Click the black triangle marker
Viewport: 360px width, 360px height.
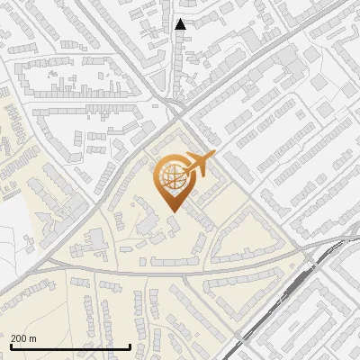coord(181,24)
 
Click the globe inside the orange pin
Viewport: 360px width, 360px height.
coord(171,176)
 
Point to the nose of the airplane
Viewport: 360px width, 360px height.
coord(213,156)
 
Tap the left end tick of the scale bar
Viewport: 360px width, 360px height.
coord(10,344)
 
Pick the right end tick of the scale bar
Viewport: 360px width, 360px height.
coord(130,344)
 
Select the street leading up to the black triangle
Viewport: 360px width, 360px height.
coord(181,63)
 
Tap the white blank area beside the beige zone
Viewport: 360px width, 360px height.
coord(13,225)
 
